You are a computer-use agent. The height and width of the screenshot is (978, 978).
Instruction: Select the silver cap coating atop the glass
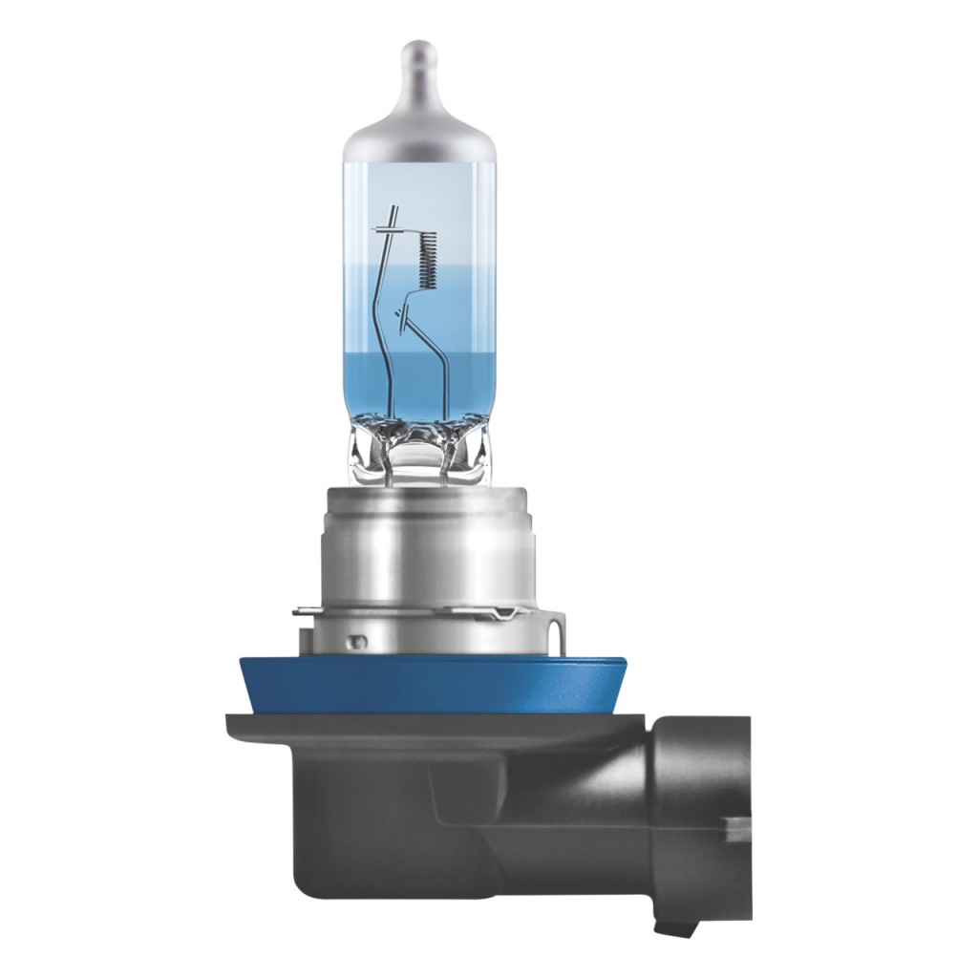419,134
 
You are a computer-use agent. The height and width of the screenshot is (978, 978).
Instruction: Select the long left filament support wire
382,325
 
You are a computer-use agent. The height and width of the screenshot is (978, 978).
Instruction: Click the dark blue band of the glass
420,382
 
